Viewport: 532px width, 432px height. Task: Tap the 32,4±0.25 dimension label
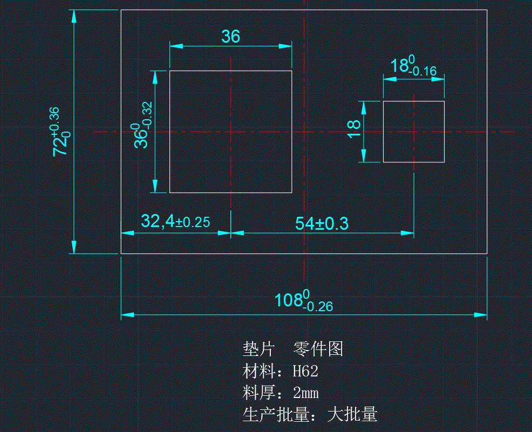[x=175, y=221]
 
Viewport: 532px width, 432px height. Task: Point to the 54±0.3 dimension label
[x=322, y=223]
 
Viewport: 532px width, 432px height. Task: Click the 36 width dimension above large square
[x=230, y=37]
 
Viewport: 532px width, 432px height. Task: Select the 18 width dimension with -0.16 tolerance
[x=413, y=66]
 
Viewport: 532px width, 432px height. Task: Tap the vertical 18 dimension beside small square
[x=354, y=128]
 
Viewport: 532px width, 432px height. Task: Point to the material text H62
[x=305, y=371]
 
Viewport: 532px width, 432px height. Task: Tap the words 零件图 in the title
[x=318, y=349]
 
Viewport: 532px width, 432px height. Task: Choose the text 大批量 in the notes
[x=352, y=414]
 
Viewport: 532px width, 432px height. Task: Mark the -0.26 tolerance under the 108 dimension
[x=318, y=307]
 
